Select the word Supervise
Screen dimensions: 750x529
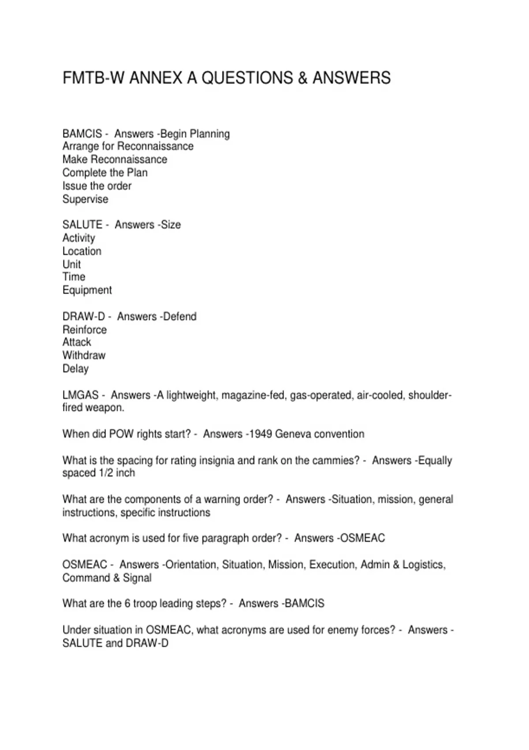coord(85,199)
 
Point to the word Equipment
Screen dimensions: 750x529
coord(87,290)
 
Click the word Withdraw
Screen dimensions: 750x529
coord(84,355)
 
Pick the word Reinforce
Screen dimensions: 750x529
coord(84,330)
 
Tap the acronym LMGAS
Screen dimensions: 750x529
coord(80,395)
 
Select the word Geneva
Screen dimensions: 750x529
coord(292,434)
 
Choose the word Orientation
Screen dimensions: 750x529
coord(192,565)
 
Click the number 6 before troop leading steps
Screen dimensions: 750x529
coord(127,604)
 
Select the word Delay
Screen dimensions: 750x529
coord(75,368)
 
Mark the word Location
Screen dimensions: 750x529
coord(82,251)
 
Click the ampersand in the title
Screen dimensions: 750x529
coord(302,78)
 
